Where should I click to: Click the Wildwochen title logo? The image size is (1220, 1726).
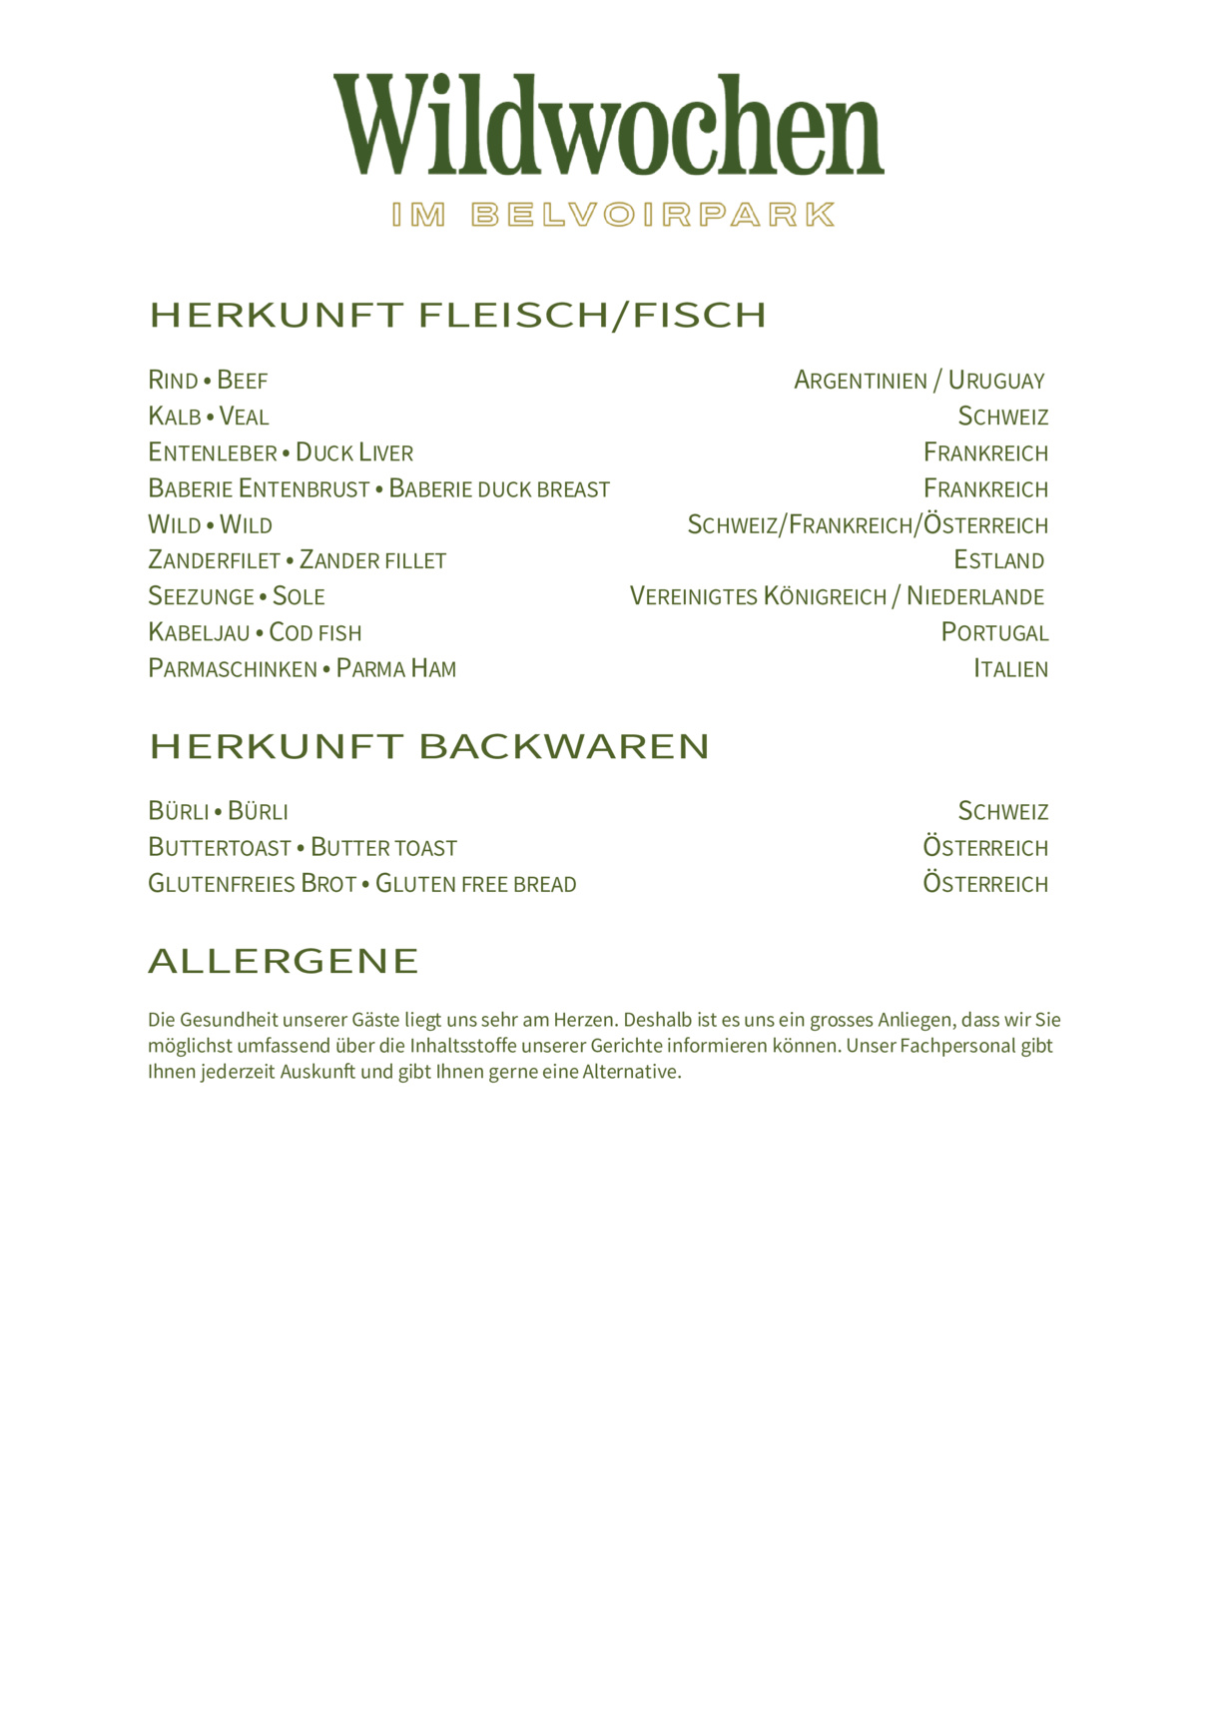coord(609,125)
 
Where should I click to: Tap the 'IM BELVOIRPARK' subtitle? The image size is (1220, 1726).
coord(613,215)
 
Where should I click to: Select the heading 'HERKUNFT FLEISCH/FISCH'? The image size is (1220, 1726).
coord(458,316)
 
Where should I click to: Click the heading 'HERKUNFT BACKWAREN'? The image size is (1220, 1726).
coord(429,747)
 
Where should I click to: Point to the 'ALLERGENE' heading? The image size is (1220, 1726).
coord(284,961)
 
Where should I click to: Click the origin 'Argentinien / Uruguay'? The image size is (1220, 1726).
coord(918,381)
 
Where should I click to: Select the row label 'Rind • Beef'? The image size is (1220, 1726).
coord(208,381)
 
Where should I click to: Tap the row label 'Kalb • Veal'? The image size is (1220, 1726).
coord(208,417)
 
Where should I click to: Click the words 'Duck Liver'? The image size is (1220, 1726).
coord(354,453)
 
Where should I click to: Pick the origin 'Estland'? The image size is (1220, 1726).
coord(998,560)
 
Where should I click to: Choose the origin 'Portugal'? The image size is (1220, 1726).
coord(994,633)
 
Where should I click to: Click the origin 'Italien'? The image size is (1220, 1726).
coord(1010,669)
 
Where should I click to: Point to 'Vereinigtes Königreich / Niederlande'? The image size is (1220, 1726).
coord(837,597)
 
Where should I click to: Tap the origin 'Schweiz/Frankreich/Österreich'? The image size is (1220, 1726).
coord(868,525)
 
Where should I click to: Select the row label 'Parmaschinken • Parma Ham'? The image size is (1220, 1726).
coord(302,669)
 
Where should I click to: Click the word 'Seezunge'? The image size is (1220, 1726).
coord(202,597)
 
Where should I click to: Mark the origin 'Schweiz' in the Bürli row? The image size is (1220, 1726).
coord(1002,811)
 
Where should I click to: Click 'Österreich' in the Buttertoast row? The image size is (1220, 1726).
coord(985,848)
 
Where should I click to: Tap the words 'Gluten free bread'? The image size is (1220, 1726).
coord(476,884)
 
